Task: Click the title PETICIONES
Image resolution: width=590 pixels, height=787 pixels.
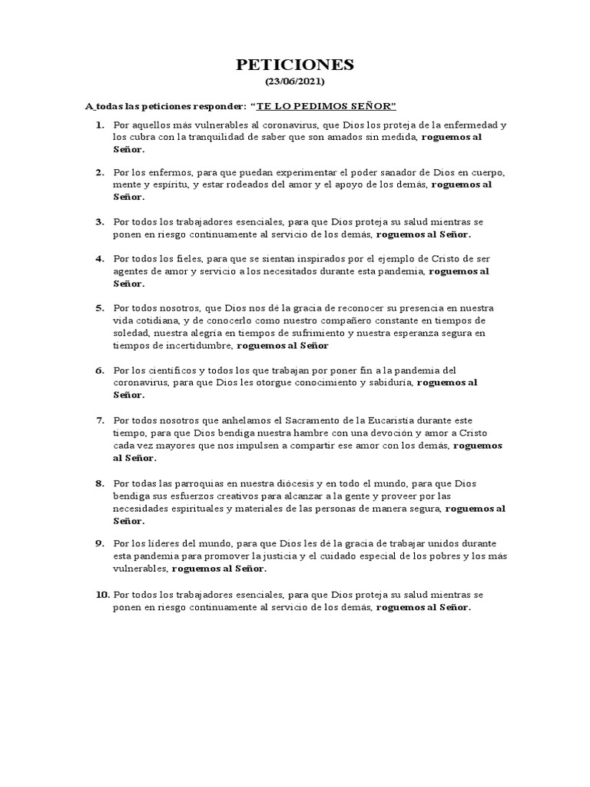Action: coord(295,65)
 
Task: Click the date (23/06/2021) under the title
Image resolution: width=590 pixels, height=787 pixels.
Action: coord(295,81)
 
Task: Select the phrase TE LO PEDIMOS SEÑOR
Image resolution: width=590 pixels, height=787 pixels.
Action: coord(323,105)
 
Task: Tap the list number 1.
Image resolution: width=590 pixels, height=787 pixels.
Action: coord(99,125)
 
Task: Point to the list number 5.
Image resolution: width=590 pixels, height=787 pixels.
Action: coord(99,307)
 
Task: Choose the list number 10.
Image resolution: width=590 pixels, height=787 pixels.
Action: coord(102,595)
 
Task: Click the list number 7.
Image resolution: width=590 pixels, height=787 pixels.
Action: coord(99,420)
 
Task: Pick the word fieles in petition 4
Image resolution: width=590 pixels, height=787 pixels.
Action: coord(184,258)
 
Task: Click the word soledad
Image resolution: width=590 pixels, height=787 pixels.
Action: coord(131,334)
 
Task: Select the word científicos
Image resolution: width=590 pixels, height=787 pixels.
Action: coord(167,370)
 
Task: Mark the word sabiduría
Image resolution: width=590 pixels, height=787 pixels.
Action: coord(387,382)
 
